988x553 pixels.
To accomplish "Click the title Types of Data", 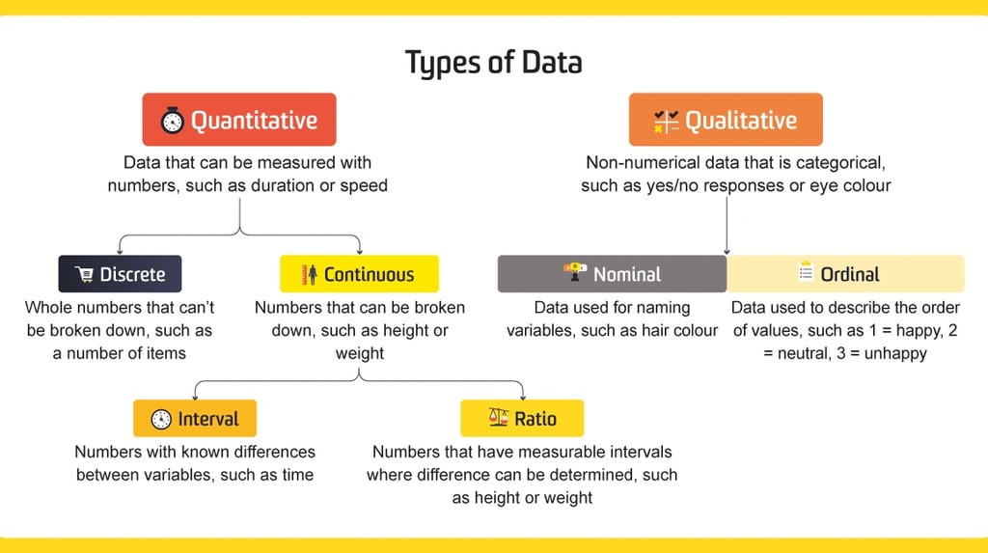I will (x=493, y=63).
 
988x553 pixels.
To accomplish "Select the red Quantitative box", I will (x=238, y=120).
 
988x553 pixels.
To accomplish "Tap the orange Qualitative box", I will (x=726, y=120).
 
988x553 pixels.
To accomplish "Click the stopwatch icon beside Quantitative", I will (x=173, y=121).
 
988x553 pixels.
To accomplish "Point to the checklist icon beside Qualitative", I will (x=666, y=121).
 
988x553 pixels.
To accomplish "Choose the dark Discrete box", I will (x=120, y=274).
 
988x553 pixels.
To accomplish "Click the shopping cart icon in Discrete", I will (x=84, y=274).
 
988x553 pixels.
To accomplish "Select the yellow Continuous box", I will (x=359, y=274).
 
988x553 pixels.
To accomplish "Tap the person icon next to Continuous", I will (x=310, y=274).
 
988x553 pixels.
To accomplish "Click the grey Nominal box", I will (x=612, y=274).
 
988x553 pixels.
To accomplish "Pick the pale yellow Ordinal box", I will (x=845, y=274).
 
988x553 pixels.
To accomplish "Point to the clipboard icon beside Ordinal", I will (x=806, y=273).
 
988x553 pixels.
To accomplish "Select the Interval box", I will (x=195, y=419).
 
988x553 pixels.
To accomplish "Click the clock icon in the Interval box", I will (x=161, y=419).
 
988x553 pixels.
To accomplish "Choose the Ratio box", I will (x=522, y=419).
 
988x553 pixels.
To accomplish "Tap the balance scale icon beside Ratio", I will (x=498, y=418).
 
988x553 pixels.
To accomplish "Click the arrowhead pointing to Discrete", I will (x=119, y=250).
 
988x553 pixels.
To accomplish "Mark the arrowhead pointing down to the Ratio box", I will (x=522, y=395).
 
